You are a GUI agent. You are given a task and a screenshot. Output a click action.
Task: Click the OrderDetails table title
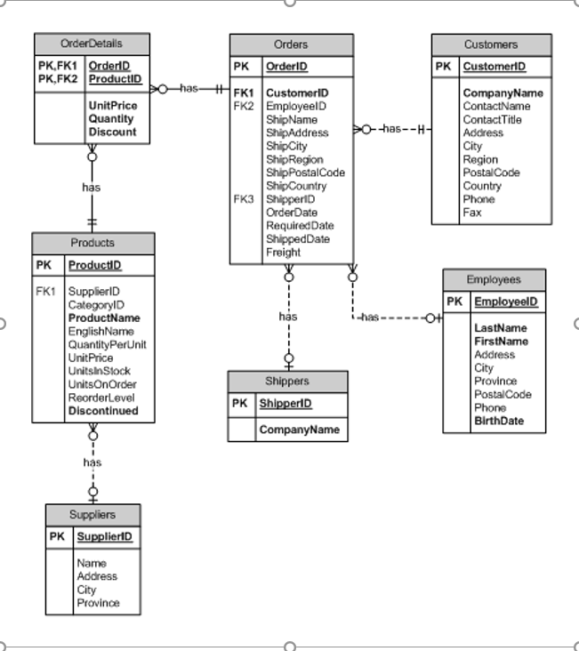(x=92, y=44)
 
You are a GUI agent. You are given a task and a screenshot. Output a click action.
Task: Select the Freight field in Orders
(x=283, y=253)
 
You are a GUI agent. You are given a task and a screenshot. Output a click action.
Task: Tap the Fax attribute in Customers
(x=471, y=213)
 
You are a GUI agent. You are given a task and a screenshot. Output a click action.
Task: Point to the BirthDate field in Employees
(x=498, y=421)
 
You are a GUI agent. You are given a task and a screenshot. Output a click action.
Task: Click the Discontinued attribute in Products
(x=103, y=411)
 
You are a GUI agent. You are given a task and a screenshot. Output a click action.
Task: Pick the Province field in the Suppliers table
(x=98, y=603)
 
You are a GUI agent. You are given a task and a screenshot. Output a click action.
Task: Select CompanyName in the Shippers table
(x=299, y=430)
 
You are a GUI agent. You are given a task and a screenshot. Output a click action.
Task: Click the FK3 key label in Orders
(x=244, y=199)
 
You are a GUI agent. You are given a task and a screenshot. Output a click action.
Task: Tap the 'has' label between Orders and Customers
(x=392, y=129)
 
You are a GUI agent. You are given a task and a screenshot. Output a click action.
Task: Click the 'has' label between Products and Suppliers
(x=92, y=462)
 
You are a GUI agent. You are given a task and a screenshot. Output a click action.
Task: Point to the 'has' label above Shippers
(x=287, y=317)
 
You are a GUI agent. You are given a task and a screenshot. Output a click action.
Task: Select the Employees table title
(x=494, y=279)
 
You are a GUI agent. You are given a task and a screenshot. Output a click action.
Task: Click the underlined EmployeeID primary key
(x=505, y=301)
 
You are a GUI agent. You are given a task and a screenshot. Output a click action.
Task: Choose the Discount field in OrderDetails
(x=112, y=132)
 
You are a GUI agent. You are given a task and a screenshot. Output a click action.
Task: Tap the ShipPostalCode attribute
(x=305, y=173)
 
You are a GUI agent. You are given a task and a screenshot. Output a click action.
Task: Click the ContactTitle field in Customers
(x=492, y=119)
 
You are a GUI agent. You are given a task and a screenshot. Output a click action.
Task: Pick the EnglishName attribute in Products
(x=101, y=331)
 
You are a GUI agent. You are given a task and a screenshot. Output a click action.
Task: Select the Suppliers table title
(x=92, y=515)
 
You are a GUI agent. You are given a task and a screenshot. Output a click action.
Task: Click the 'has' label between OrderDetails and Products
(x=91, y=188)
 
